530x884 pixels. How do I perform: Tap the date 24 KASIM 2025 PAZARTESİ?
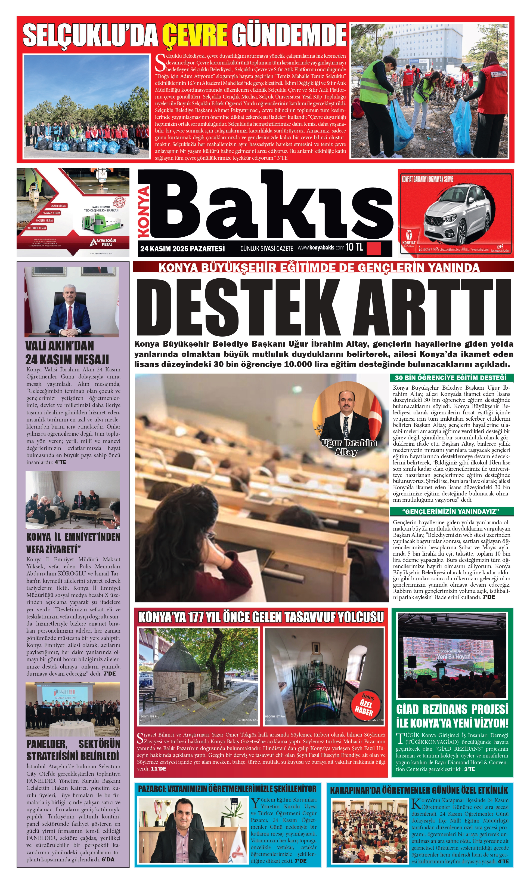point(182,248)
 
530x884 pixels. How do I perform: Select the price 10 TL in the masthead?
point(354,247)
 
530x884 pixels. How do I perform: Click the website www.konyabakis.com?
point(321,247)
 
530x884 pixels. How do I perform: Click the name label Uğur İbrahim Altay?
point(349,447)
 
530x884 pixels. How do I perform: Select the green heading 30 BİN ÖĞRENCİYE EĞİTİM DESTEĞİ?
point(450,378)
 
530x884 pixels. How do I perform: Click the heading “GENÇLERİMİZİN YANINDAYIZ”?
point(450,511)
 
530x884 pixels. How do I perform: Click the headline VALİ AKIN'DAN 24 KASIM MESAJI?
point(67,352)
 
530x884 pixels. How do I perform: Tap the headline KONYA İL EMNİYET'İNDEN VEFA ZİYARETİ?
point(73,543)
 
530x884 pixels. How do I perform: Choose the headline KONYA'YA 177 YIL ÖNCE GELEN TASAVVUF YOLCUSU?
point(261,617)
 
